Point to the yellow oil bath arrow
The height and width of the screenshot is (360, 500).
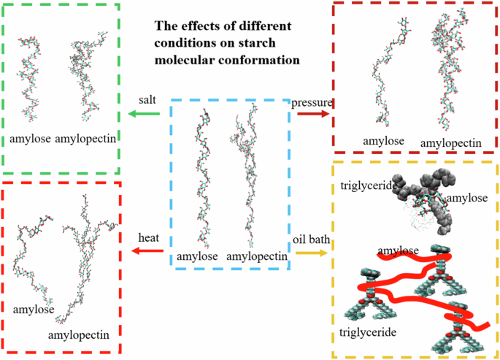(x=311, y=252)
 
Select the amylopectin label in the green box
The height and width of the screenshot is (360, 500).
(x=86, y=138)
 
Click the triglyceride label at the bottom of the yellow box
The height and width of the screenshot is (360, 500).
(x=369, y=332)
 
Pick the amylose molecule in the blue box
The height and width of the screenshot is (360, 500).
(x=202, y=175)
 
